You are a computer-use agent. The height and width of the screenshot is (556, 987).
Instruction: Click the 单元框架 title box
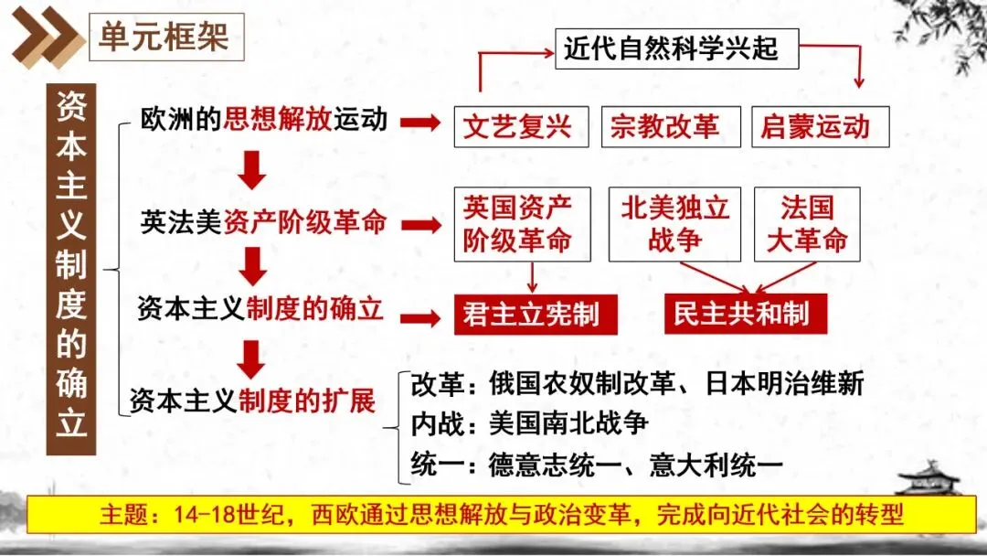point(165,37)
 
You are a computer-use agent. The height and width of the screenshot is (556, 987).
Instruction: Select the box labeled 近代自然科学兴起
point(676,47)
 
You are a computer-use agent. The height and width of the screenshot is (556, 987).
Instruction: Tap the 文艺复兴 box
point(517,126)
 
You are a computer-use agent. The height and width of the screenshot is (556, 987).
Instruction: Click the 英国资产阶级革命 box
point(517,223)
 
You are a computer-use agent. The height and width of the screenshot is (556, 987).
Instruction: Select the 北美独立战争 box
point(675,223)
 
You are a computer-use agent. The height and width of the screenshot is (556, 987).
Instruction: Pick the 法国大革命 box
point(807,223)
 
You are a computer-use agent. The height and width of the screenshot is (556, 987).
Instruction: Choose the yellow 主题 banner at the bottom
point(493,514)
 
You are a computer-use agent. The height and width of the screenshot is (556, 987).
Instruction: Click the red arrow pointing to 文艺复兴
point(421,122)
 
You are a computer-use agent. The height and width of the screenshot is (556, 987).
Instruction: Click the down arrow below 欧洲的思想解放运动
point(252,170)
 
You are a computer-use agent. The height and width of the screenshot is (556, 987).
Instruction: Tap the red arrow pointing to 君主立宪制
point(421,317)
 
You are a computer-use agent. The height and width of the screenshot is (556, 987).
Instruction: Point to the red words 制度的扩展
point(308,401)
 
